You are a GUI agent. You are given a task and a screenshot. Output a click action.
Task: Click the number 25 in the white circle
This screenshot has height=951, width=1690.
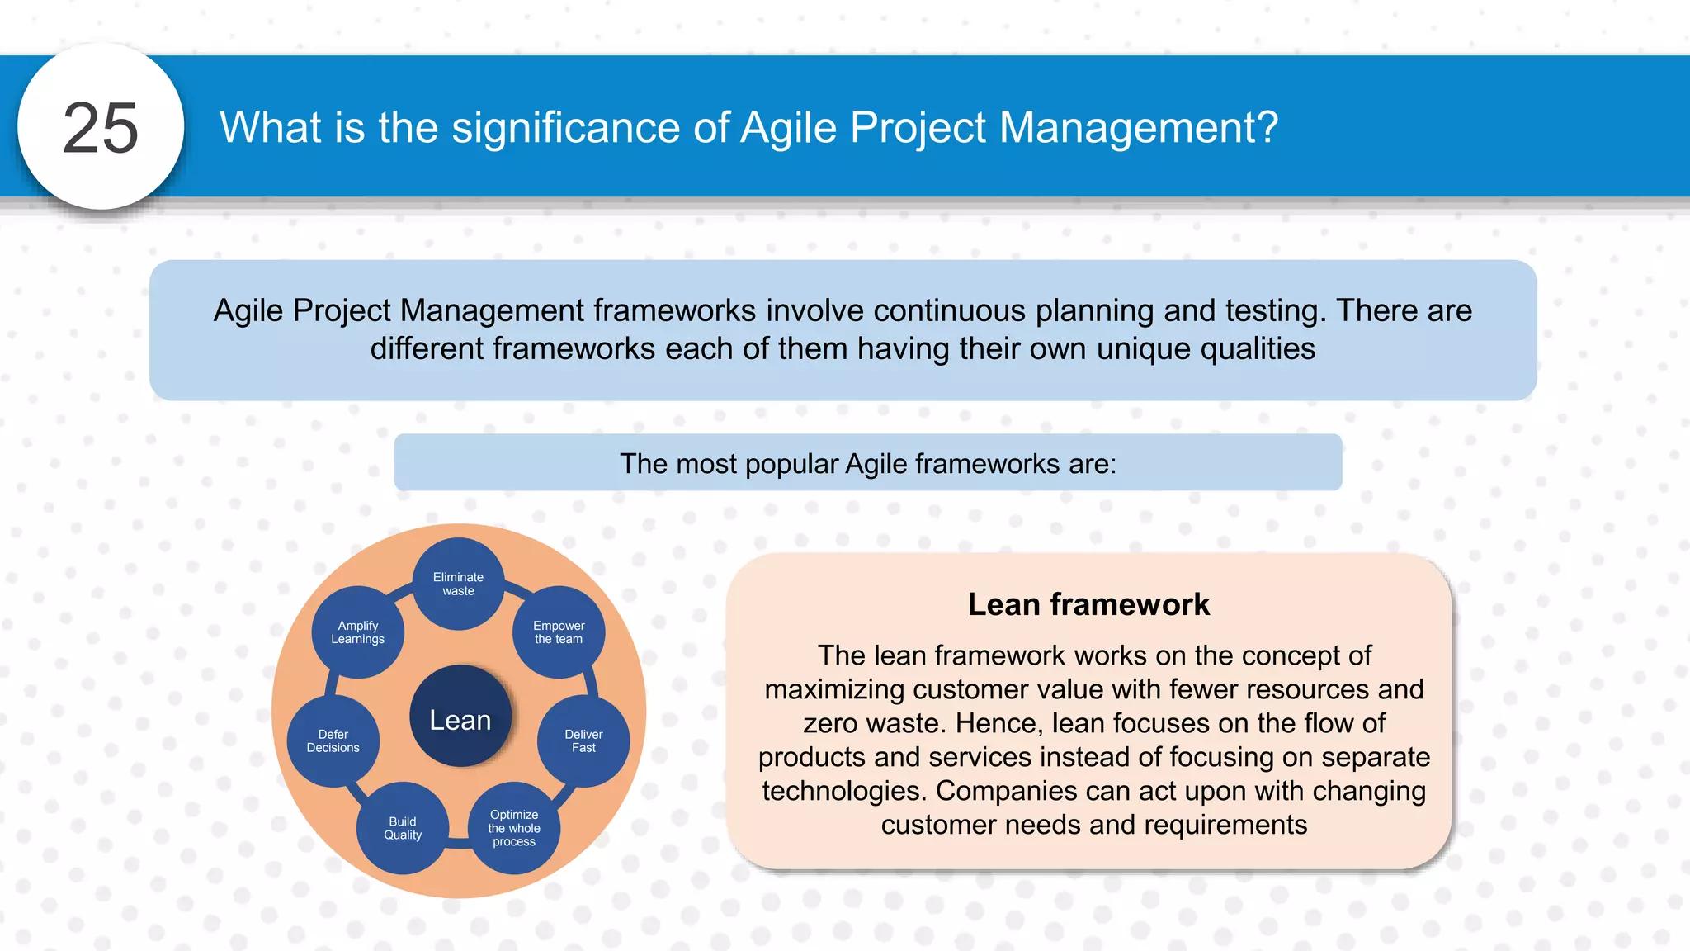click(101, 128)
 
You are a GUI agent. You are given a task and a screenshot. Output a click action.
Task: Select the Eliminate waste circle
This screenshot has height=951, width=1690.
click(458, 584)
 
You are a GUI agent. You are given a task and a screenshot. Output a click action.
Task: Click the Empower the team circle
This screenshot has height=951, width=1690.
click(559, 632)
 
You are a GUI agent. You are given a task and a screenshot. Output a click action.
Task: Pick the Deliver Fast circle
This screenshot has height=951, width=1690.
click(583, 740)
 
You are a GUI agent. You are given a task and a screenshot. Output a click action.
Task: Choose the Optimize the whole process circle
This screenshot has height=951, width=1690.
click(514, 828)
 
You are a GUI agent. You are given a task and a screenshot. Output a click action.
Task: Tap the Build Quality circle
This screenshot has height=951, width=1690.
click(403, 828)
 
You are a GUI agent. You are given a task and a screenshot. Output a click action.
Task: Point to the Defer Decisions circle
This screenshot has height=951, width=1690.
click(333, 740)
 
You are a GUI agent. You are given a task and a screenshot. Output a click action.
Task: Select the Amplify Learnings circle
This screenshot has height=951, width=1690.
click(357, 632)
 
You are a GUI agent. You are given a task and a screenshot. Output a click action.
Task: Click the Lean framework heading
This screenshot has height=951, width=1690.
click(1088, 604)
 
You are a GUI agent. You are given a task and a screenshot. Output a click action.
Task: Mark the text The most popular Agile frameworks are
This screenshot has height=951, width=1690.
click(867, 464)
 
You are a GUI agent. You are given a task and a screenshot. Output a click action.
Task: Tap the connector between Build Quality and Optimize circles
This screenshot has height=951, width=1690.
click(458, 842)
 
